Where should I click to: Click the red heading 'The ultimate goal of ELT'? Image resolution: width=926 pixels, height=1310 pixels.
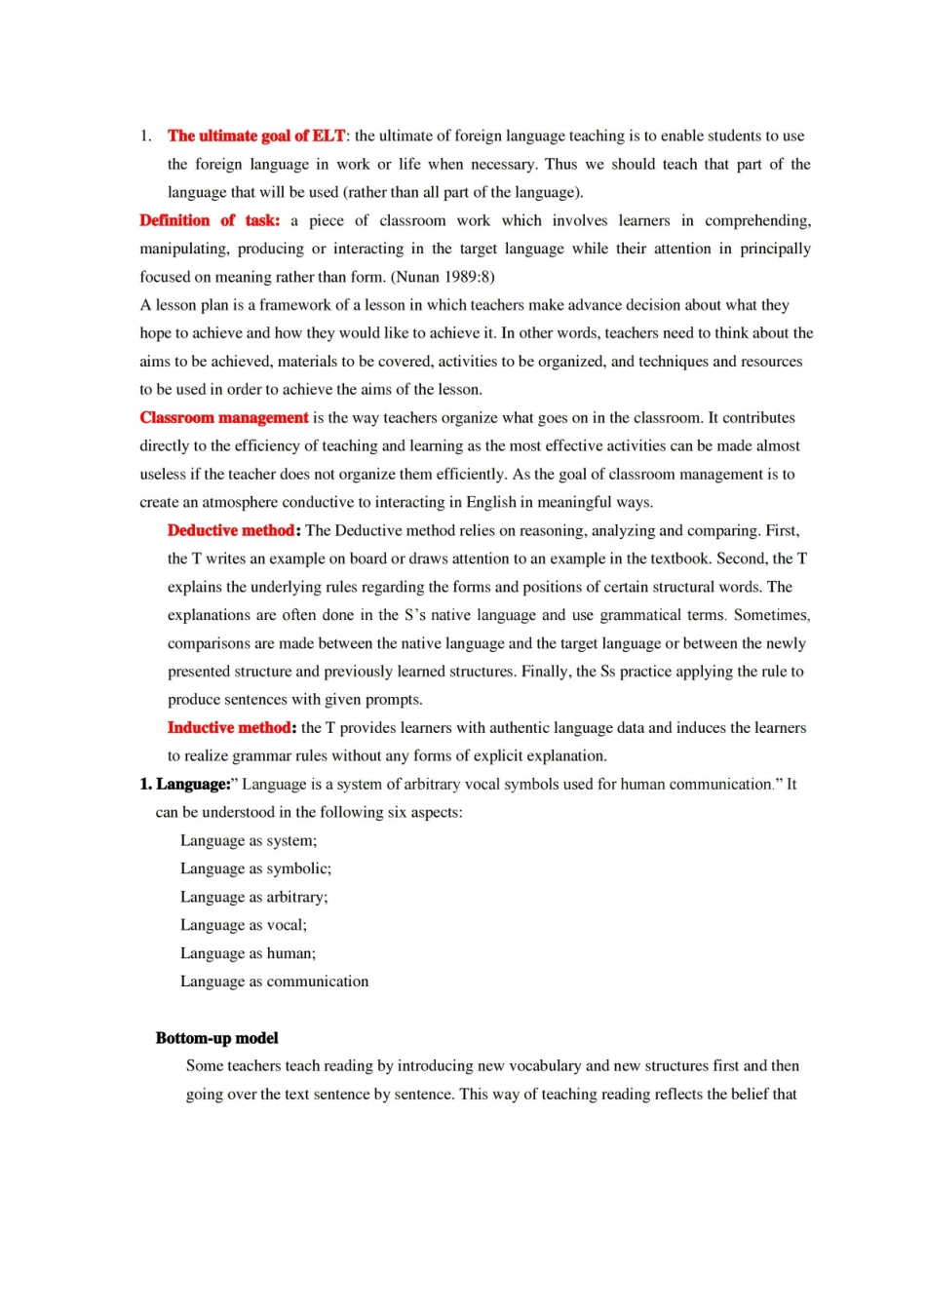[256, 136]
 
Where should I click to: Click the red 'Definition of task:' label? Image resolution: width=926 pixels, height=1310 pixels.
[210, 221]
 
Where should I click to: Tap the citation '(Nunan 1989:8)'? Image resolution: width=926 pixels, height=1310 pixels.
[443, 277]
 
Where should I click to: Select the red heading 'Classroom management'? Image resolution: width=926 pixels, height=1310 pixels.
[224, 418]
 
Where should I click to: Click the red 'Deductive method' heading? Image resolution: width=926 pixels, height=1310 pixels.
[231, 531]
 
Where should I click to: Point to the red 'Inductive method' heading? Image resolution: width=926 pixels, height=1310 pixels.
[230, 728]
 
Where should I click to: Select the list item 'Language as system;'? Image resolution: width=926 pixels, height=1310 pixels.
[249, 841]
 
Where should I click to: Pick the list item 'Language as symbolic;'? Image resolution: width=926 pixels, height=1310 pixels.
[255, 869]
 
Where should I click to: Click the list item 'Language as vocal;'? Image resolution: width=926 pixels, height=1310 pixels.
[243, 926]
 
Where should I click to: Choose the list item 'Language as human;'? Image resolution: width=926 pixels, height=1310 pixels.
[248, 954]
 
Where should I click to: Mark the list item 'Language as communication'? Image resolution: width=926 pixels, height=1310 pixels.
[274, 982]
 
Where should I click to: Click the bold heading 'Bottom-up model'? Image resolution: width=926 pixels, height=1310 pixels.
[216, 1039]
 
